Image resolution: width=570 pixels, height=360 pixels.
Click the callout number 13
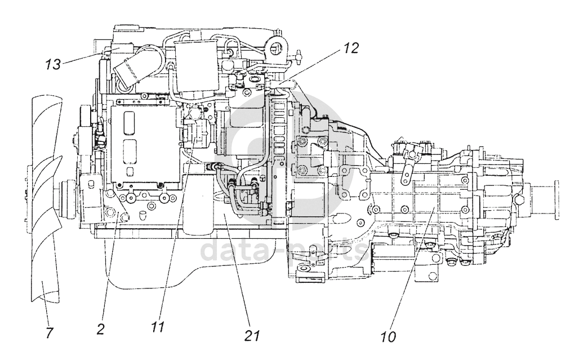click(x=52, y=65)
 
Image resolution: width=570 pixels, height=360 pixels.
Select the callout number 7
click(x=49, y=333)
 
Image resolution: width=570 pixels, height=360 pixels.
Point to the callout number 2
click(x=100, y=330)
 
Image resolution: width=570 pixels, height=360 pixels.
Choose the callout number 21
click(x=251, y=336)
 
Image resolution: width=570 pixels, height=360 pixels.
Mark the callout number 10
click(x=388, y=337)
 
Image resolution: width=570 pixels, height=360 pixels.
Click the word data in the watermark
click(x=231, y=251)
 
